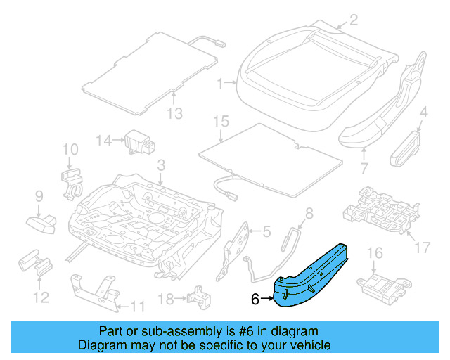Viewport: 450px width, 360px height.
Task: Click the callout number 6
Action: click(255, 299)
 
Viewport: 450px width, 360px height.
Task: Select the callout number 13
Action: click(174, 114)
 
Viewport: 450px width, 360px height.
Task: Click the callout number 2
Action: click(354, 20)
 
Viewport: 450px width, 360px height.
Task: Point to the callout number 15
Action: click(221, 122)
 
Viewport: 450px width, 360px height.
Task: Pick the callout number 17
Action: click(422, 247)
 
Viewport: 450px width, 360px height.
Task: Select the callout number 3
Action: click(161, 166)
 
